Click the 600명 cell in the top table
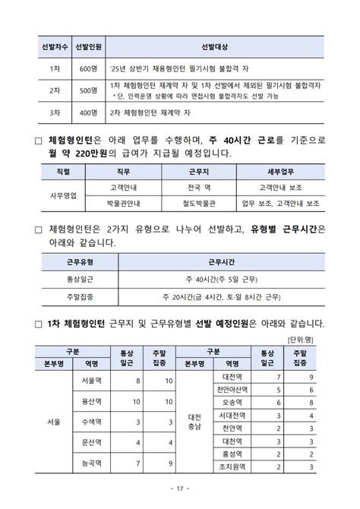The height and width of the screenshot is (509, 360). [x=86, y=68]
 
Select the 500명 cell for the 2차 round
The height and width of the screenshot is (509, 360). [x=86, y=90]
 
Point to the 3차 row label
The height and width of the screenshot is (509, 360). [x=52, y=112]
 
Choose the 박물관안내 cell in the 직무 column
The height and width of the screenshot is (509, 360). [x=124, y=204]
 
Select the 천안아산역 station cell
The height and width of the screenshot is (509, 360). [x=231, y=389]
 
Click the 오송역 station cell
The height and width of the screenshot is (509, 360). [x=231, y=402]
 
